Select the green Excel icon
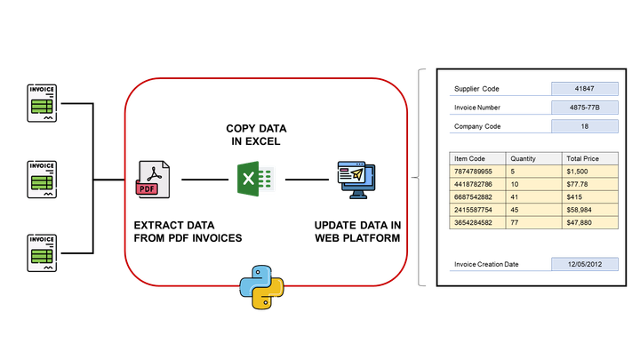click(253, 179)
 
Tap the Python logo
click(261, 286)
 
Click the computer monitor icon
click(356, 180)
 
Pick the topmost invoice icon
click(42, 104)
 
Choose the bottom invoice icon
click(42, 252)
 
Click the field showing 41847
click(584, 89)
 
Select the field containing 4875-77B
click(584, 108)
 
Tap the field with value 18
click(584, 126)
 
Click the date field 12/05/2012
click(584, 264)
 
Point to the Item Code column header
click(469, 158)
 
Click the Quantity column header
click(524, 158)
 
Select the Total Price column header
click(582, 158)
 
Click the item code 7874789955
click(473, 171)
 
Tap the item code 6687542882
click(473, 196)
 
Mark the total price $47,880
click(580, 223)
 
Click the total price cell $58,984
click(580, 210)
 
